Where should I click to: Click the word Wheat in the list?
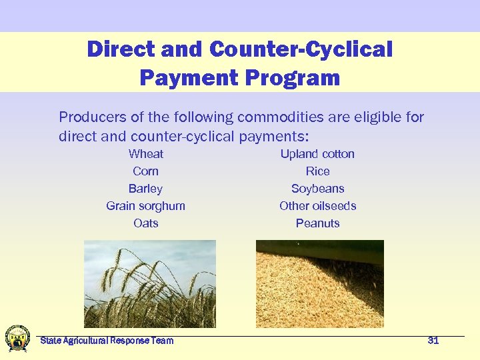click(145, 154)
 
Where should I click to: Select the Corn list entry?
click(145, 171)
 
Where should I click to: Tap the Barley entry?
click(145, 189)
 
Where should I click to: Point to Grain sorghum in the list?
click(145, 206)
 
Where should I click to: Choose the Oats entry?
click(145, 223)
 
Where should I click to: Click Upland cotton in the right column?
click(317, 154)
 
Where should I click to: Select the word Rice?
click(317, 171)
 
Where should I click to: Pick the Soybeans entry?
click(317, 189)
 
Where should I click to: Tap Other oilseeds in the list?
click(317, 206)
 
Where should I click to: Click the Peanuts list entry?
click(317, 223)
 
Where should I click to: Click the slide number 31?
click(433, 341)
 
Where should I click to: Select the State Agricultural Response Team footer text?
click(107, 341)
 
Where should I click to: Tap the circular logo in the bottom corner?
click(17, 339)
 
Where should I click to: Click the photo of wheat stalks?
click(149, 283)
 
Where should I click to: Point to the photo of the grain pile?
click(319, 283)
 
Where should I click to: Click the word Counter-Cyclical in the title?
click(301, 49)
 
